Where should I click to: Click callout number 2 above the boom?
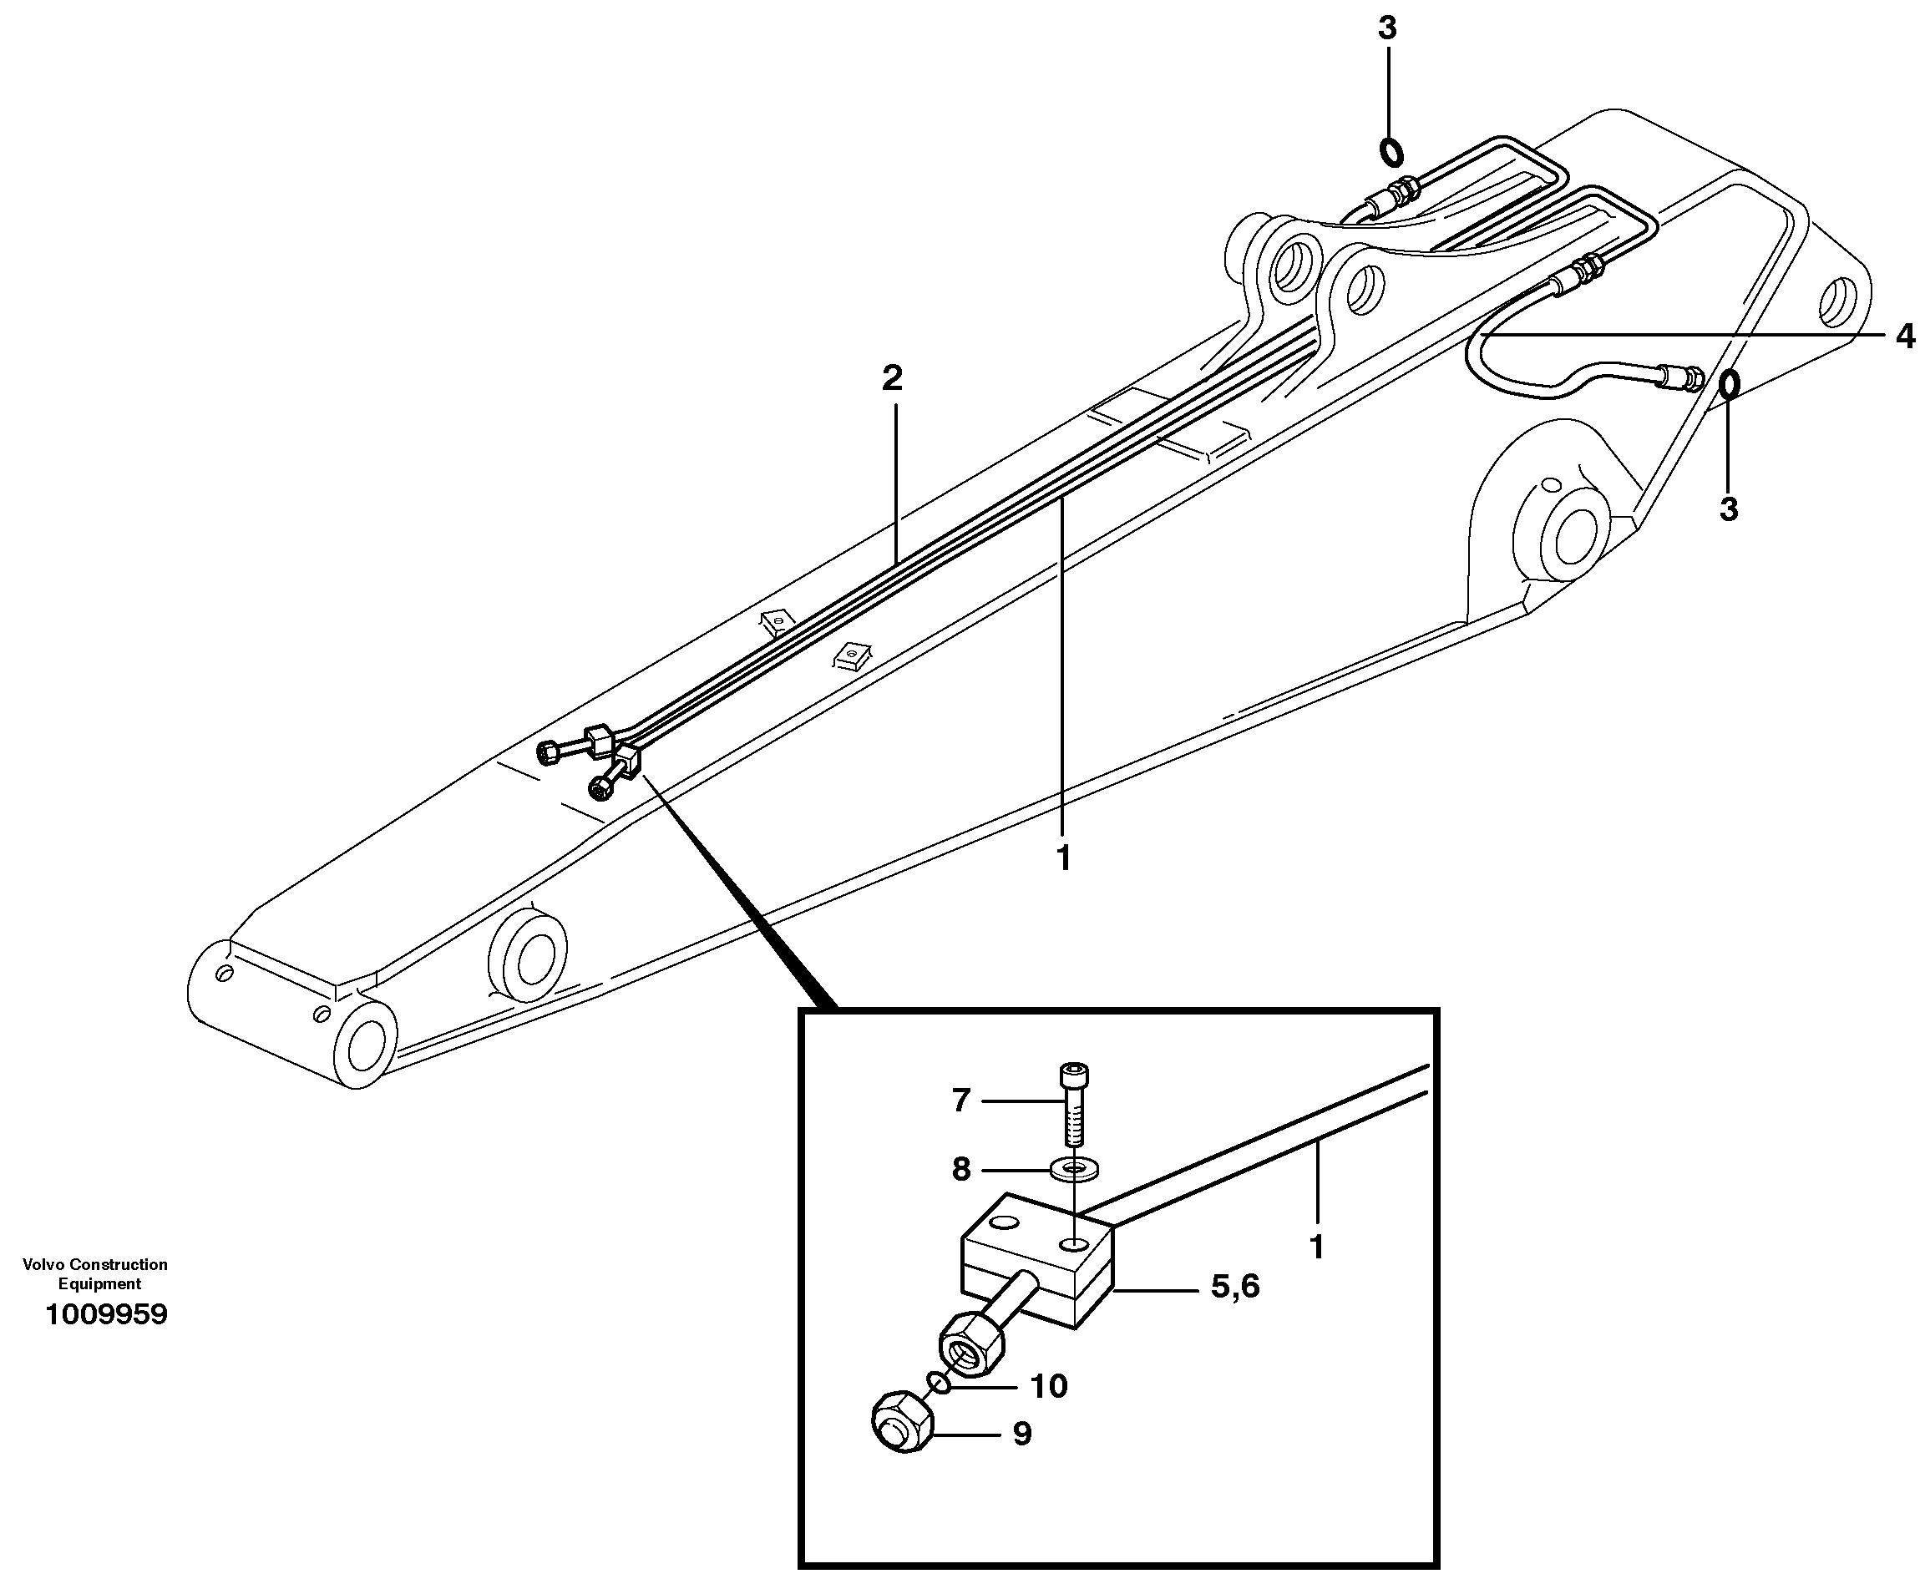[x=892, y=377]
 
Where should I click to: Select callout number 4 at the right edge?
[x=1905, y=336]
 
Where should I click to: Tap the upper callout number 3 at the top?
[x=1387, y=28]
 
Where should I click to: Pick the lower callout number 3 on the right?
[x=1727, y=508]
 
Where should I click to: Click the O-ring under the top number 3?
[x=1391, y=152]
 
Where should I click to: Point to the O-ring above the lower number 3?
[x=1728, y=384]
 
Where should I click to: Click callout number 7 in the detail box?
[x=960, y=1100]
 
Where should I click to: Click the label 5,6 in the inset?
[x=1235, y=1287]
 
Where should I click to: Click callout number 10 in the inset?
[x=1048, y=1386]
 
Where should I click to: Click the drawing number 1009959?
[x=106, y=1314]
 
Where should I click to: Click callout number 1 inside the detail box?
[x=1316, y=1247]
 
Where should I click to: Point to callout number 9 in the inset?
[x=1022, y=1434]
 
